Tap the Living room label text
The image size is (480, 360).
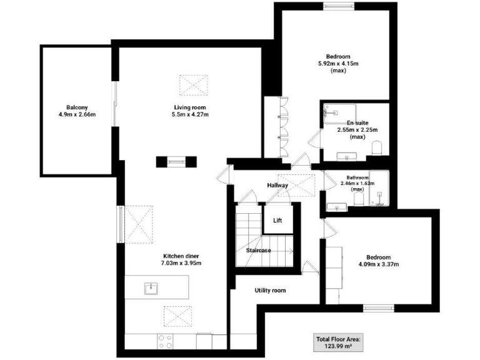(x=190, y=106)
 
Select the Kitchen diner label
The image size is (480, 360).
(x=182, y=256)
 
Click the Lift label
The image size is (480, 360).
(x=278, y=221)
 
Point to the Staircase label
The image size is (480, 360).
(x=258, y=250)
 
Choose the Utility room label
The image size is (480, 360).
(x=270, y=290)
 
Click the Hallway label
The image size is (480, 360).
(x=277, y=185)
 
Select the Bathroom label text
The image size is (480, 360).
(x=357, y=177)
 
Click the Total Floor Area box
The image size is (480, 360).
(x=339, y=342)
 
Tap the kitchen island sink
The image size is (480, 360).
(x=150, y=288)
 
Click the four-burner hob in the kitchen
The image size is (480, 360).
(x=166, y=341)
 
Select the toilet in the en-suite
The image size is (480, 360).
(x=376, y=147)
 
